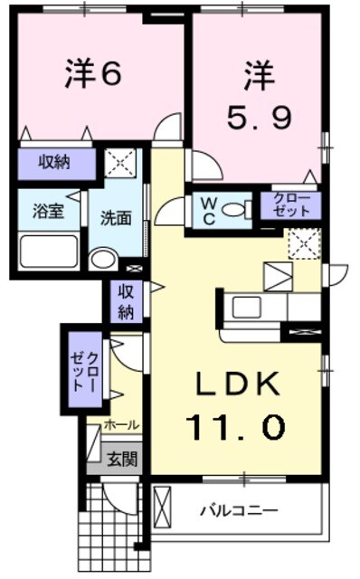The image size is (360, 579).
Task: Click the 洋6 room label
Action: coord(92,76)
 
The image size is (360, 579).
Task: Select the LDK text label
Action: coord(237,384)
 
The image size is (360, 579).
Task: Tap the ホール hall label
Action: coord(120,424)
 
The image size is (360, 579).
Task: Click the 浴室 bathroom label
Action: coord(48,213)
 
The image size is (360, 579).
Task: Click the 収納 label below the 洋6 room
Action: coord(54,163)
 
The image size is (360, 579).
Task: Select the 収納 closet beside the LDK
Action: coord(125,302)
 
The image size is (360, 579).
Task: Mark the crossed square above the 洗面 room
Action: coord(119,165)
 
